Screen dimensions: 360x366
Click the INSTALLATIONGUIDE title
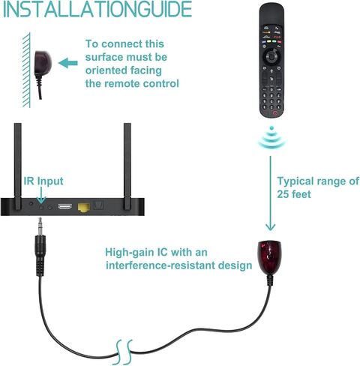(x=97, y=9)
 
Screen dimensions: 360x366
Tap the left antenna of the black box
(x=18, y=166)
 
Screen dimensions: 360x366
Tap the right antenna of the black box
(x=127, y=166)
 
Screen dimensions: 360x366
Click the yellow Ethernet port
(x=84, y=208)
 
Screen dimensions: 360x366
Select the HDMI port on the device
(x=65, y=207)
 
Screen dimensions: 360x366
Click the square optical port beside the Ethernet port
(x=98, y=206)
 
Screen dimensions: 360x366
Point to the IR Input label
(x=43, y=181)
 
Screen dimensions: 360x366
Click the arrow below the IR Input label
(x=41, y=195)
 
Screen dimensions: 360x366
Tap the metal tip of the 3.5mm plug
(x=40, y=226)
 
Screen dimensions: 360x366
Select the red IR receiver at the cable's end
(x=269, y=254)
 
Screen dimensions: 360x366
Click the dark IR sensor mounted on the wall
(x=43, y=63)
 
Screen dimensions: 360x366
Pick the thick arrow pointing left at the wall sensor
(x=68, y=63)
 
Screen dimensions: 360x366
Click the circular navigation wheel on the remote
(x=271, y=56)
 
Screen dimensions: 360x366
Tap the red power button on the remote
(x=275, y=112)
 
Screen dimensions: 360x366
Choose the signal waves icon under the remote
(x=271, y=137)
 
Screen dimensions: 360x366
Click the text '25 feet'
(x=294, y=194)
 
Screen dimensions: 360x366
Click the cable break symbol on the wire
(x=124, y=352)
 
